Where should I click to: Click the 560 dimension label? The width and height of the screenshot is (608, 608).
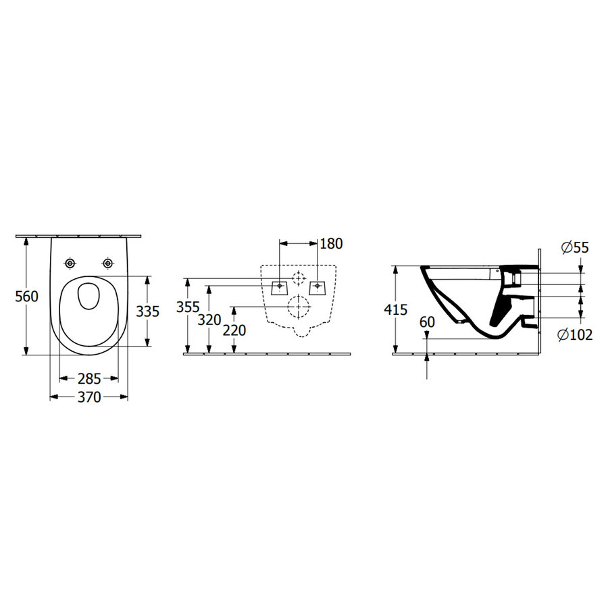point(27,297)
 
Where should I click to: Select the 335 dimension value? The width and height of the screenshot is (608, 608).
point(148,311)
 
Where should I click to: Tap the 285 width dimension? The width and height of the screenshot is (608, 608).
point(89,378)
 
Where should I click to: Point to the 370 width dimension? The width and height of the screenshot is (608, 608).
point(89,397)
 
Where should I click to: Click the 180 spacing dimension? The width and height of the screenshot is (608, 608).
point(332,243)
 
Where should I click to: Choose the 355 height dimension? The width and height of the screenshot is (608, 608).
point(188,307)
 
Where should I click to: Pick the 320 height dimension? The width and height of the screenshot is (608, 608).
point(209,320)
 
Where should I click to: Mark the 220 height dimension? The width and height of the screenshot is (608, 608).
point(234,330)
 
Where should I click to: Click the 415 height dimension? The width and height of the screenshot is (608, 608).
point(395,310)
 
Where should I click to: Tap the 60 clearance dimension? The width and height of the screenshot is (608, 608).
point(428,322)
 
